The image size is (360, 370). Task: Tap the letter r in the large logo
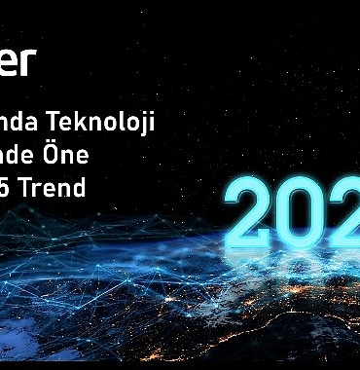pyautogui.click(x=30, y=61)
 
